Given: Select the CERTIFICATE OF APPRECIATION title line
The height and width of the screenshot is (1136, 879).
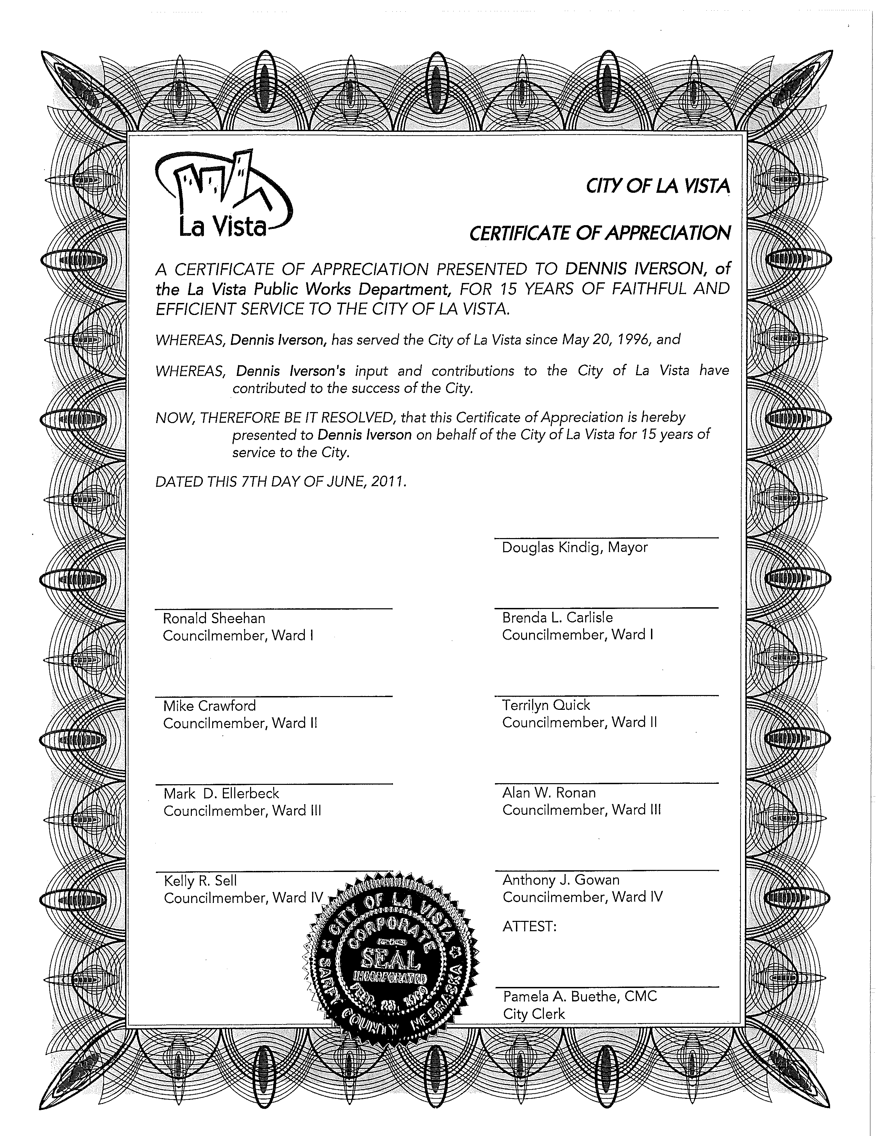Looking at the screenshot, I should coord(600,233).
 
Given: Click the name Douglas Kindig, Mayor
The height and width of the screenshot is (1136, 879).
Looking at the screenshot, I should coord(575,547).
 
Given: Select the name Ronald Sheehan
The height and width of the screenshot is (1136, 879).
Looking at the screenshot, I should coord(214,618).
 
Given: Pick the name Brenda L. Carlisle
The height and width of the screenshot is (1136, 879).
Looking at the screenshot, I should coord(557,618).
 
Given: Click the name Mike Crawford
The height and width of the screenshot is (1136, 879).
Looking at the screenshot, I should coord(209,706).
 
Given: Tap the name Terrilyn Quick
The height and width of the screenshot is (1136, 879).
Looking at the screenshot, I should coord(546,705).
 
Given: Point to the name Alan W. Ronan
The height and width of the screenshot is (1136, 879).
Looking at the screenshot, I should coord(549,793).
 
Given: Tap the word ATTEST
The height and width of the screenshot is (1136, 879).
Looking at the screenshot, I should coord(529,926).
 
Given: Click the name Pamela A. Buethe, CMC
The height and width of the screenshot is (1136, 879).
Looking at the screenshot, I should coord(580,997).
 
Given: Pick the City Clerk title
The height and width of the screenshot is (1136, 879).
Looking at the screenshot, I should coord(534,1014).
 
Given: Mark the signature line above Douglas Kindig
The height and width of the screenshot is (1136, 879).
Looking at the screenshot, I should coord(606,538).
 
